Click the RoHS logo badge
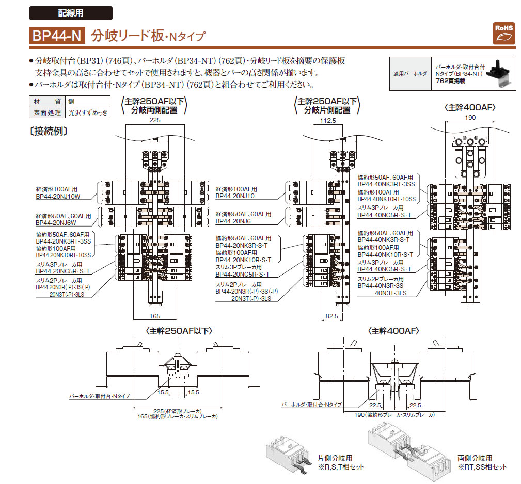click(x=504, y=34)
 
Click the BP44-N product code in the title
click(x=57, y=36)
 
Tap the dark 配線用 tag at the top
click(x=71, y=13)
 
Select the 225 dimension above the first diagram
click(x=155, y=120)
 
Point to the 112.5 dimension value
click(x=328, y=121)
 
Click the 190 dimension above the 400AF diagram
click(x=470, y=118)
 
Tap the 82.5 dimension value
click(x=331, y=316)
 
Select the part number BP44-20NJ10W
click(x=58, y=196)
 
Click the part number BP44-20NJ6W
click(x=56, y=223)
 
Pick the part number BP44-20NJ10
click(x=235, y=196)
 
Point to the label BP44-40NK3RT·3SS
click(x=386, y=184)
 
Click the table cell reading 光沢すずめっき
click(x=88, y=112)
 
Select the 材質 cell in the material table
click(x=47, y=102)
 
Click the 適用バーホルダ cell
click(x=410, y=74)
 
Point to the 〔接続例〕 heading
click(x=49, y=132)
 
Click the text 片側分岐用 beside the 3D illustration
click(x=335, y=458)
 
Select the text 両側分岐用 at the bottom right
click(x=475, y=458)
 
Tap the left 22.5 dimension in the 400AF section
click(x=375, y=405)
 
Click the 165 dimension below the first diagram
click(x=155, y=316)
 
